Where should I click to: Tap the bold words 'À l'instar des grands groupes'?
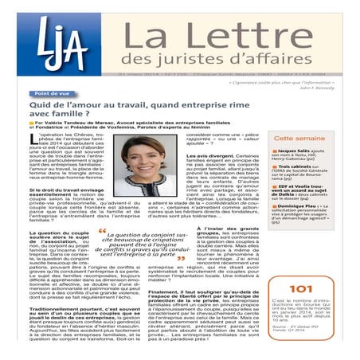tap(224, 228)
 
